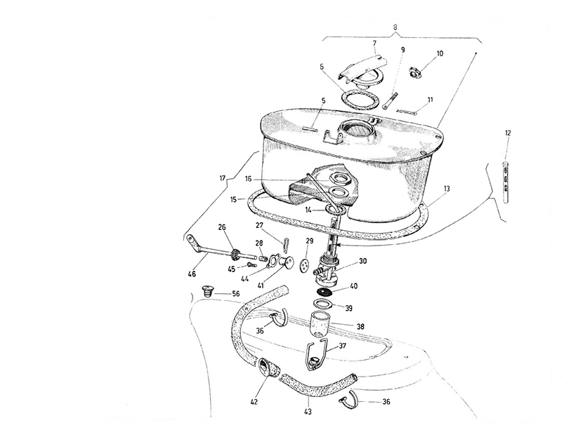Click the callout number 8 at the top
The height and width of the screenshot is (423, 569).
pos(395,27)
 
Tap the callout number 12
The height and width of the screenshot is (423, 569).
pos(508,133)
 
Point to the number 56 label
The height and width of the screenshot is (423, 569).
pos(236,294)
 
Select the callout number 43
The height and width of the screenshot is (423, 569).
pos(308,411)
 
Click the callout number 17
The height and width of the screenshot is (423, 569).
pos(223,178)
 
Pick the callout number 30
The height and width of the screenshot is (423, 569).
pos(363,261)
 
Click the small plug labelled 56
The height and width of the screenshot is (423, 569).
pos(207,291)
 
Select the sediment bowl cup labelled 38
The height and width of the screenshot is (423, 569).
pos(320,324)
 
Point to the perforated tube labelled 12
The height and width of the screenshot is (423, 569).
pos(506,182)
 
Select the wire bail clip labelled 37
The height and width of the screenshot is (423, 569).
pos(315,355)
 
